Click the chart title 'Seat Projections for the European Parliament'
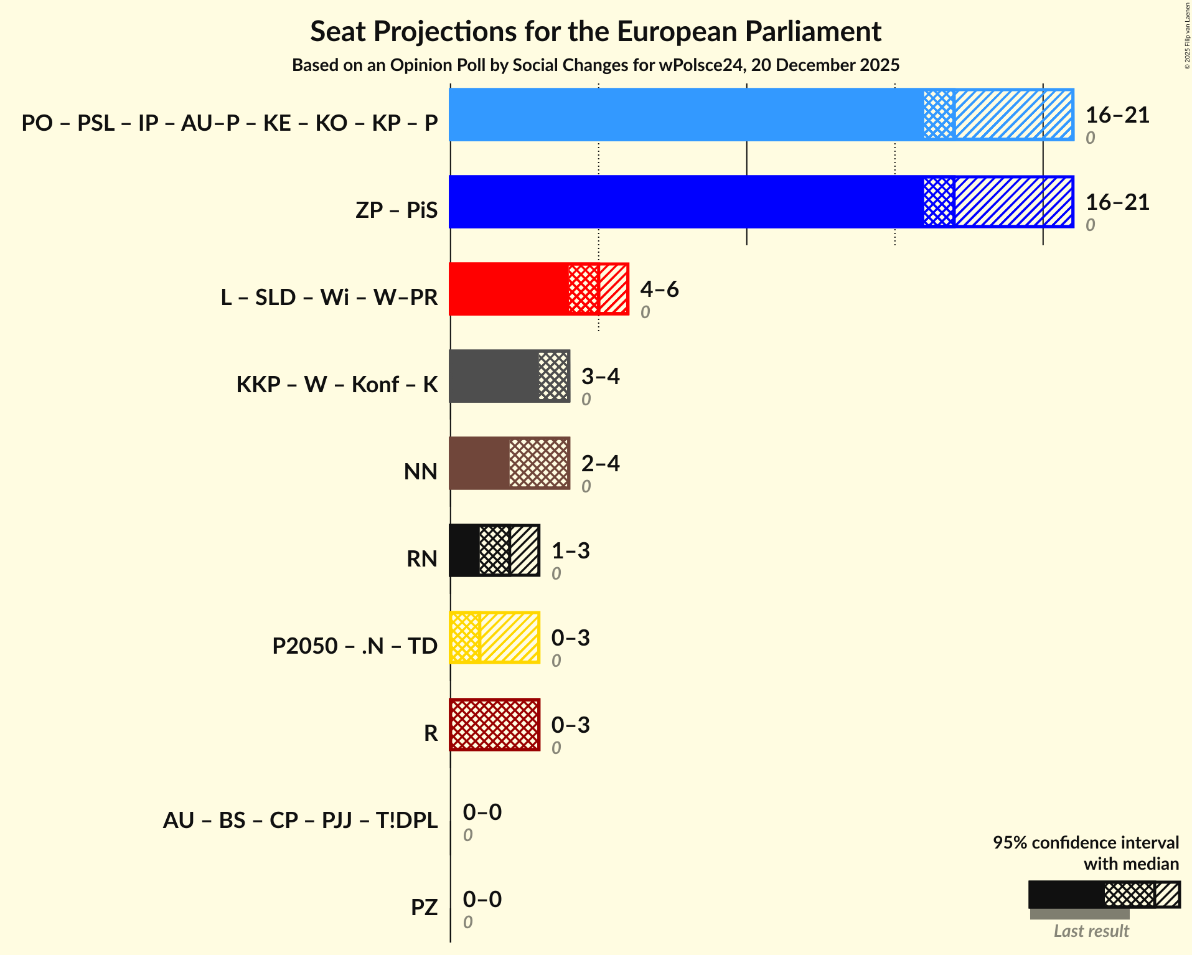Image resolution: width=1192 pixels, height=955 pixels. pos(596,31)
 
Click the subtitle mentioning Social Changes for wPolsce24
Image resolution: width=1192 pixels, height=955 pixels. pos(596,65)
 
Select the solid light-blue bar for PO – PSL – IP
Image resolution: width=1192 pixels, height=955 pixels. pos(685,115)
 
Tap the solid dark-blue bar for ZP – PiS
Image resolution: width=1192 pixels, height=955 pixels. pos(685,202)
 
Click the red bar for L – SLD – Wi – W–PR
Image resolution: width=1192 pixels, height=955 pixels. pos(508,289)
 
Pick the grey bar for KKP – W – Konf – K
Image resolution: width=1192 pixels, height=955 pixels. pos(493,377)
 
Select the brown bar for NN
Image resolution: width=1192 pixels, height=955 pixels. pos(479,464)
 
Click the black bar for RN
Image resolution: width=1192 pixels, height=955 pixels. pos(464,551)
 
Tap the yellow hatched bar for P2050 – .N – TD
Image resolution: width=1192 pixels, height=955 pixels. pos(509,638)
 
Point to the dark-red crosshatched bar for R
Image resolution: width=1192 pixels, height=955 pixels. pos(494,725)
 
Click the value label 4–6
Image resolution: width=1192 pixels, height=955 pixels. pos(659,289)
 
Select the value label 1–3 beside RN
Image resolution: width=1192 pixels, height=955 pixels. pos(570,551)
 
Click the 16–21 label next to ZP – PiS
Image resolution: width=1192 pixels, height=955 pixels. pos(1117,202)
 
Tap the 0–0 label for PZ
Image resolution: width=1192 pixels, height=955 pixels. pos(482,900)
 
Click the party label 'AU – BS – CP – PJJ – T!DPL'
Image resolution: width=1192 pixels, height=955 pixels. pos(300,820)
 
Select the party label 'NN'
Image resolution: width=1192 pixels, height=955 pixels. pos(420,471)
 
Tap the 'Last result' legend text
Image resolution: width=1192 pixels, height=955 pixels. pos(1091,931)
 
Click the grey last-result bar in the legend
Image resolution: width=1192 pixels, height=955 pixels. pos(1079,915)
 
